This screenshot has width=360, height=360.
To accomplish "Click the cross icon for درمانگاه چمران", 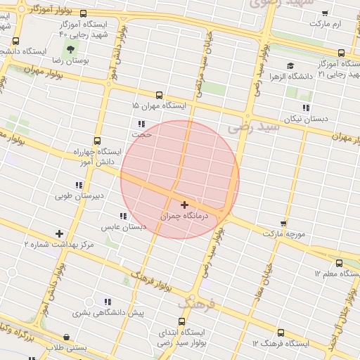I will (184, 205).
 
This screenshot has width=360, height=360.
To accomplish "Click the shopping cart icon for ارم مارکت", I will (325, 13).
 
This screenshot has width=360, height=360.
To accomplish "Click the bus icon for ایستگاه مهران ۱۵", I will (159, 95).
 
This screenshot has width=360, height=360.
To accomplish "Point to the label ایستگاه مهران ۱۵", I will (161, 105).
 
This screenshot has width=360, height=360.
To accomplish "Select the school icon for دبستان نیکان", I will (306, 108).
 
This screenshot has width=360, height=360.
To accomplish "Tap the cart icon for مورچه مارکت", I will (283, 222).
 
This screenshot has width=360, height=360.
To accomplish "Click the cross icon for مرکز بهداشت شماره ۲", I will (59, 233).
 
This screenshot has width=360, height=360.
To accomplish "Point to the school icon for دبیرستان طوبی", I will (78, 185).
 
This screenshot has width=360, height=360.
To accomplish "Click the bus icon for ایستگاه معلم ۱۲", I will (340, 263).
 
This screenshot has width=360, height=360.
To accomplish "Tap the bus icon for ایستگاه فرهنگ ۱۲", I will (281, 333).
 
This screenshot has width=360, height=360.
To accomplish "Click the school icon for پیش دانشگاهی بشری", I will (108, 302).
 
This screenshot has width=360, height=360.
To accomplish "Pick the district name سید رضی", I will (255, 127).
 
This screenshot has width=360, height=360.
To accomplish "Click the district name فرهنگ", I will (196, 304).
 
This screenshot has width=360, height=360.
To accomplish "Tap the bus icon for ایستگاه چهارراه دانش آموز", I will (96, 141).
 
